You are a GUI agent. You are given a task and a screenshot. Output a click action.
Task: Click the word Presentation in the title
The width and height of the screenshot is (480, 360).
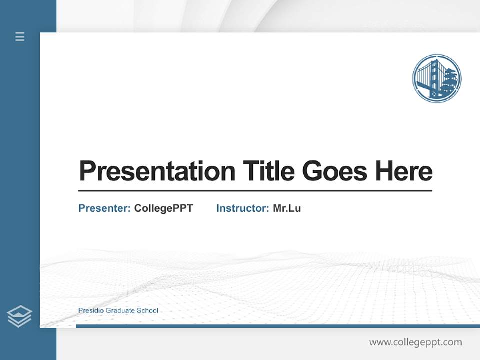click(x=157, y=171)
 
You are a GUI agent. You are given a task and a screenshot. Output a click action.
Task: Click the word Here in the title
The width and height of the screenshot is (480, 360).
click(x=404, y=171)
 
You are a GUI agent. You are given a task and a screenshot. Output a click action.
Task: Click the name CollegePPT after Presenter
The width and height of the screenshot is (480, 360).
click(x=164, y=208)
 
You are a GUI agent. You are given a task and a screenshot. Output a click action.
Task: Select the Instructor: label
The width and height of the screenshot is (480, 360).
click(x=243, y=208)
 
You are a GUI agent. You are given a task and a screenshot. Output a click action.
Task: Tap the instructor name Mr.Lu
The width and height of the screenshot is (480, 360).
click(x=287, y=208)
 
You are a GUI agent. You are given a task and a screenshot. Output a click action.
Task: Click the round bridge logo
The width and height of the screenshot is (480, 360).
click(x=437, y=79)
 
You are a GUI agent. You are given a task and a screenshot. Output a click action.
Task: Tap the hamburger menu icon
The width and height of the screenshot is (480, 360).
click(x=20, y=36)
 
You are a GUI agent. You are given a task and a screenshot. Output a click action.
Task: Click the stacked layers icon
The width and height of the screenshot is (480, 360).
click(x=19, y=316)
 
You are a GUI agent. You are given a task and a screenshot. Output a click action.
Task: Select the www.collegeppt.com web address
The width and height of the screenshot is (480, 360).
click(x=416, y=342)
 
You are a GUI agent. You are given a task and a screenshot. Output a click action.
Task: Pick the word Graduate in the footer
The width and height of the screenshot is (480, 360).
click(x=121, y=311)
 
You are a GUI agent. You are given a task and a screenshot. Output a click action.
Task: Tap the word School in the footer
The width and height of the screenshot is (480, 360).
click(x=147, y=311)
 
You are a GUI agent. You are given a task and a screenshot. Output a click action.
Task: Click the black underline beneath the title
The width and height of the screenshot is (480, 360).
click(x=255, y=191)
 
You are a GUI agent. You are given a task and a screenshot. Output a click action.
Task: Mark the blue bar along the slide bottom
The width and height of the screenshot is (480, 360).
click(x=277, y=326)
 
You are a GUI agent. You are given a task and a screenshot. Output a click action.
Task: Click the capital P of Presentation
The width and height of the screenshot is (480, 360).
click(x=86, y=171)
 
